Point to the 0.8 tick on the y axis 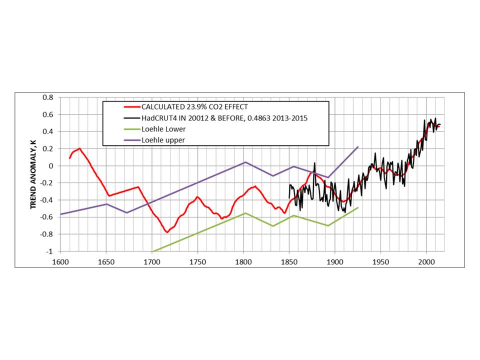48,97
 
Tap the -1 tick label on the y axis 50,251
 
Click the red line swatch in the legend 131,106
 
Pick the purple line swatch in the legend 131,140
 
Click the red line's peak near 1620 79,148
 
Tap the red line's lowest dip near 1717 167,232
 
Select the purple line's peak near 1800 245,162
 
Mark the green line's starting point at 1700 152,251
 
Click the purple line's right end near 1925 358,147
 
